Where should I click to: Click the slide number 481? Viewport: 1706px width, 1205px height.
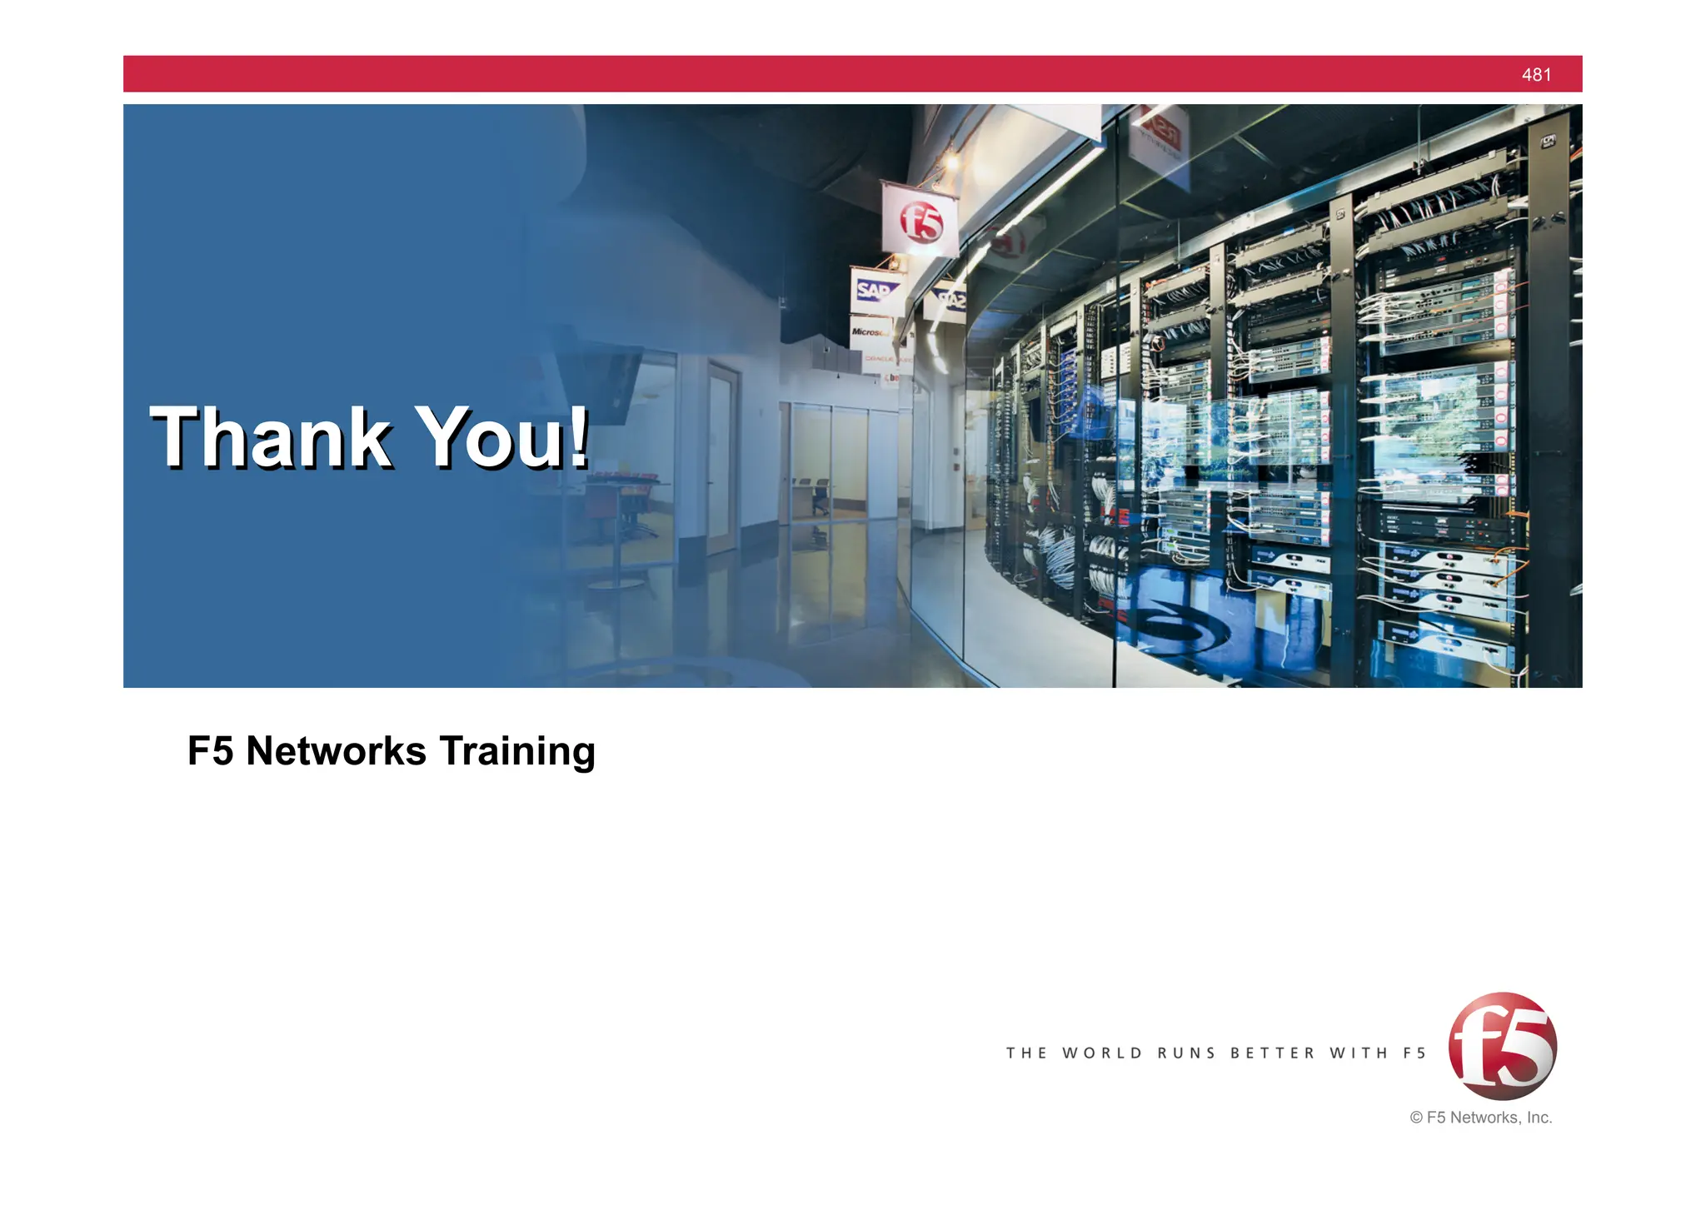coord(1536,75)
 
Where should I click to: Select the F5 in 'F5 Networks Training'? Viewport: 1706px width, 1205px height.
coord(210,751)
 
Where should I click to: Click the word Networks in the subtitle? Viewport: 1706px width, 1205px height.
coord(337,751)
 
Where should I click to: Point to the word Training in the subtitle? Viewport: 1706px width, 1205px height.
coord(517,751)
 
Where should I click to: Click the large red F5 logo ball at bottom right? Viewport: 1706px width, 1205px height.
coord(1502,1046)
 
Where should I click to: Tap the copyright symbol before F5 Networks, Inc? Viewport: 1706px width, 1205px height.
coord(1416,1118)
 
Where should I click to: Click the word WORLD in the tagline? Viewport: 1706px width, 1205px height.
coord(1102,1053)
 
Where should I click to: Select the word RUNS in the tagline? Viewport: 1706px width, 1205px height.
coord(1186,1053)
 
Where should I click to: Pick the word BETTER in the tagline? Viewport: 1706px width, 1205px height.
coord(1272,1053)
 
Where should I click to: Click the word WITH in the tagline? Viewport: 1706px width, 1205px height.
coord(1359,1053)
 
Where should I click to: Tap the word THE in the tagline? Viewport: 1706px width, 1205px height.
coord(1026,1053)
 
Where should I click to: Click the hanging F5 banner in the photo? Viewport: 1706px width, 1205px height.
coord(920,219)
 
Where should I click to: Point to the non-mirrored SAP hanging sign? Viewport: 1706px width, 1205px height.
coord(873,291)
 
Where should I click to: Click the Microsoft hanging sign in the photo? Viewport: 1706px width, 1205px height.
coord(870,332)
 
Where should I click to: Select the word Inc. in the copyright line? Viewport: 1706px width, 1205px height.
coord(1539,1118)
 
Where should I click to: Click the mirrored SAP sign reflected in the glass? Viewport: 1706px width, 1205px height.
coord(950,298)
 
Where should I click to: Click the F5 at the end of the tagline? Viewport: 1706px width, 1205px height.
coord(1414,1053)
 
